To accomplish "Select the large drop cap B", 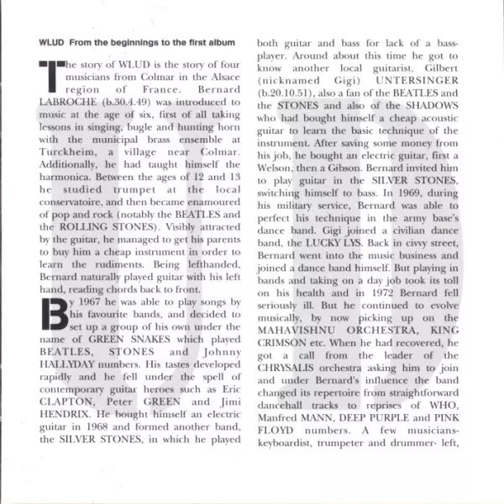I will click(53, 316).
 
